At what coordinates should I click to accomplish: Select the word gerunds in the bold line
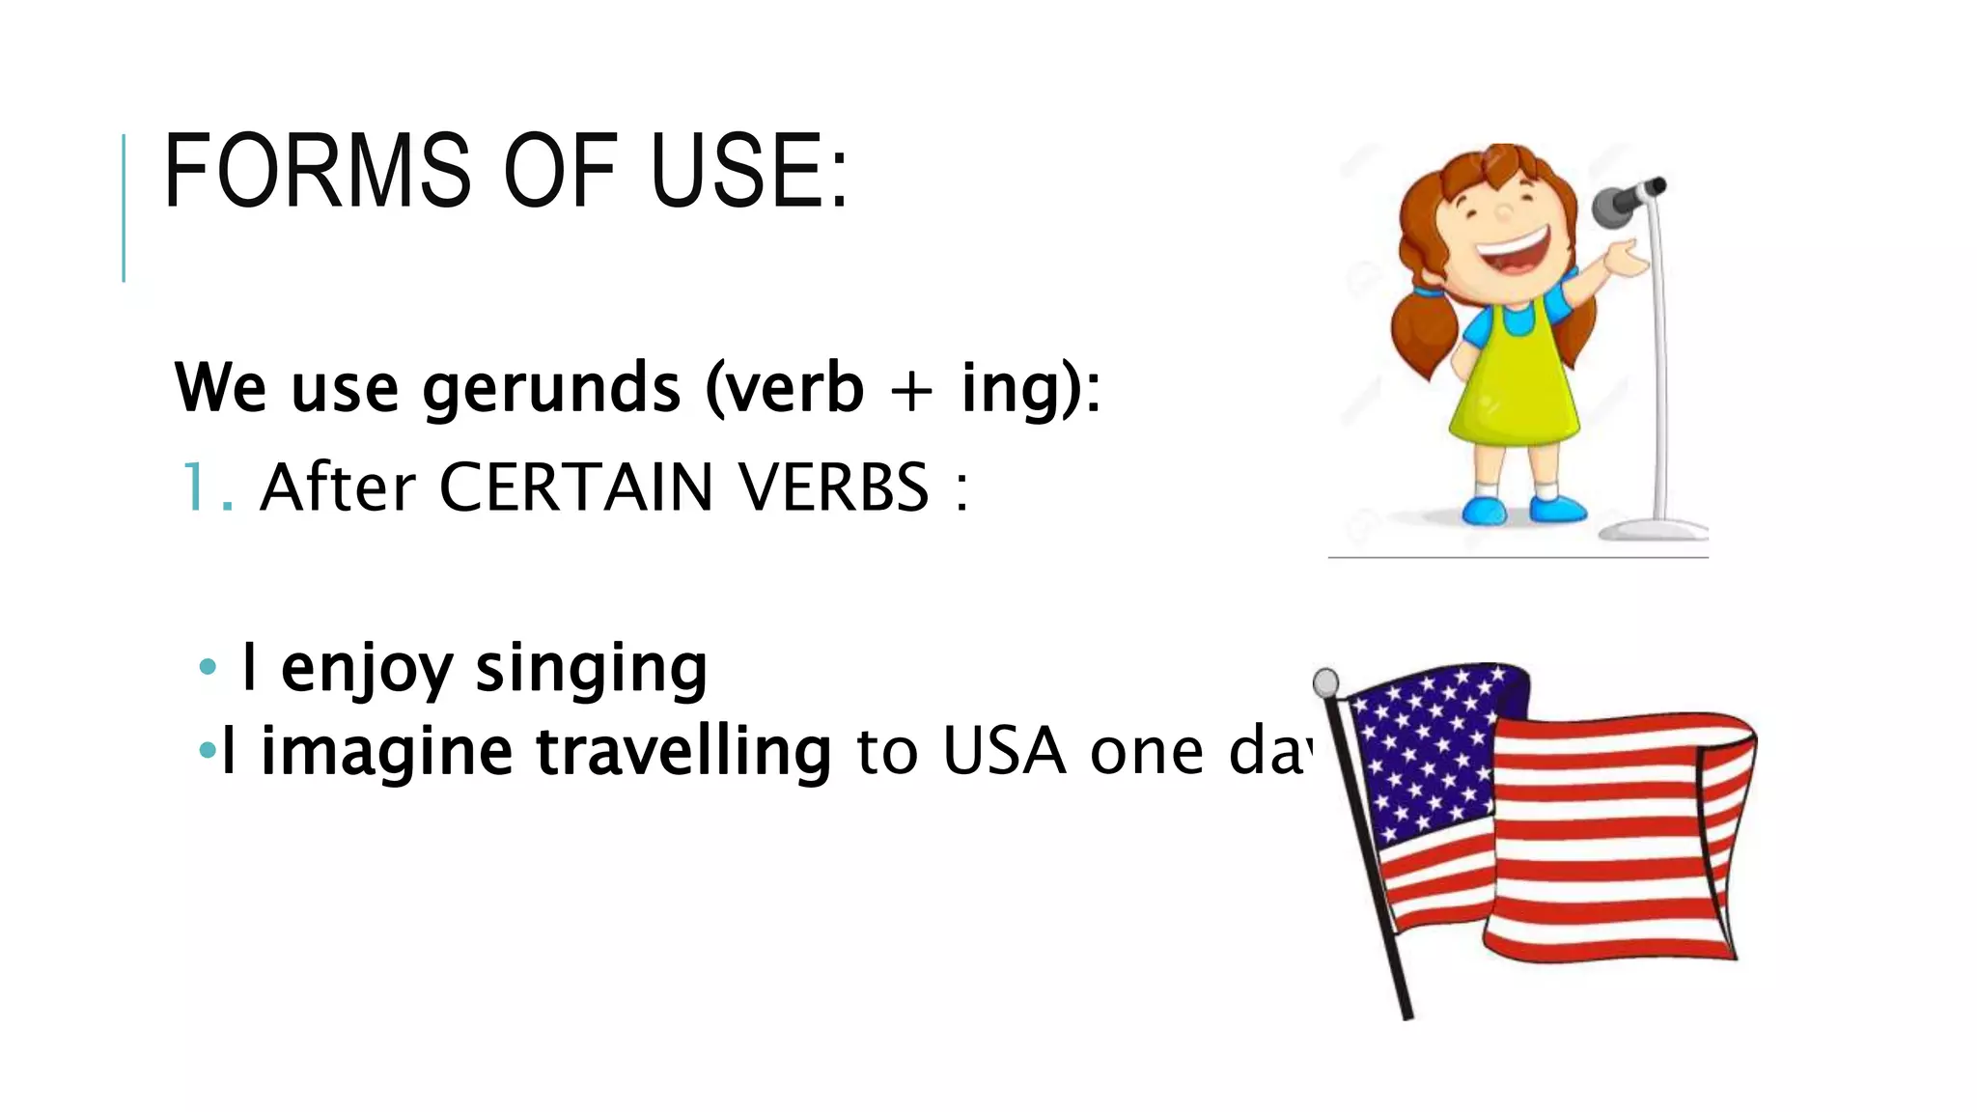(x=551, y=388)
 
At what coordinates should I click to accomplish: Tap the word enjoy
(x=366, y=668)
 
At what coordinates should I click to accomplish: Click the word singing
(x=591, y=668)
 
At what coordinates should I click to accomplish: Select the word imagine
(x=386, y=752)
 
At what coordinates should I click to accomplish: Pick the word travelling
(x=683, y=752)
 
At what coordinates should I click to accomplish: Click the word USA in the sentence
(x=1004, y=752)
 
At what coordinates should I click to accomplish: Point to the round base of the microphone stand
(x=1653, y=529)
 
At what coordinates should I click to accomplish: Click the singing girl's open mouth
(x=1515, y=253)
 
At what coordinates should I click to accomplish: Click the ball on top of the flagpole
(x=1326, y=682)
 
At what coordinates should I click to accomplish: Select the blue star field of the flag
(x=1429, y=748)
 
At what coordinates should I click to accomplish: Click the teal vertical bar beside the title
(x=124, y=208)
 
